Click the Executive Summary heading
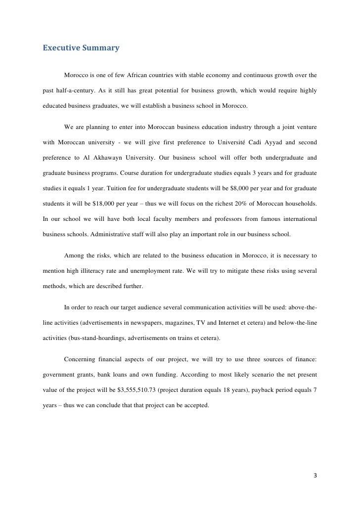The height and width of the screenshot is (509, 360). [x=81, y=48]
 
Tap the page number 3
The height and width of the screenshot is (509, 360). [x=315, y=475]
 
